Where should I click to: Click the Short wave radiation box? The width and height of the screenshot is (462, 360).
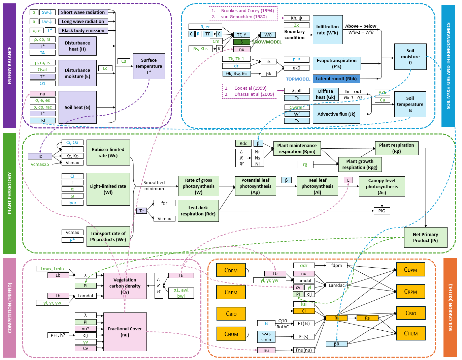click(83, 12)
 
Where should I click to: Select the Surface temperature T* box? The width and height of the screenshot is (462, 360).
click(149, 66)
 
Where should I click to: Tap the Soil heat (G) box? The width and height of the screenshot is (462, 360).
click(77, 107)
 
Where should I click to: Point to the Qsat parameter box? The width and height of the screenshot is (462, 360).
click(42, 69)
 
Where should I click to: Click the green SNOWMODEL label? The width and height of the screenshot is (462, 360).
click(267, 42)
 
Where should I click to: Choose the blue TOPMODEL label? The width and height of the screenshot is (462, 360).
click(298, 79)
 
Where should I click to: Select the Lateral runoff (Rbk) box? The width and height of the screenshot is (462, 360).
click(336, 79)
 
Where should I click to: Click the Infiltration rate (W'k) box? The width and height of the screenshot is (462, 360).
click(328, 30)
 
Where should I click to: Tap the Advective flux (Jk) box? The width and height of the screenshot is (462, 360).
click(336, 114)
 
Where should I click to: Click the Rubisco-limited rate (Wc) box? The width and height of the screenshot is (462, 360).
click(108, 152)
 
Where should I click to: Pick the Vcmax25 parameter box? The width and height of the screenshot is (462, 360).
click(40, 164)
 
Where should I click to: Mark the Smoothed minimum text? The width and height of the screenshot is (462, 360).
click(154, 185)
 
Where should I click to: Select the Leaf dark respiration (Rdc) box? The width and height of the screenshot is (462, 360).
click(198, 211)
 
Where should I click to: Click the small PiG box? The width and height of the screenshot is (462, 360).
click(382, 211)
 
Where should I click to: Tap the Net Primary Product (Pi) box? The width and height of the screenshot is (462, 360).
click(425, 237)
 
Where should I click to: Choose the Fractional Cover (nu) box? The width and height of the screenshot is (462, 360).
click(125, 332)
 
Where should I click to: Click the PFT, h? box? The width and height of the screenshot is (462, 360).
click(58, 335)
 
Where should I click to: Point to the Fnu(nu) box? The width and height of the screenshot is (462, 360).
click(304, 350)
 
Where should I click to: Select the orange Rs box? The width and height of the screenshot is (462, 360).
click(367, 318)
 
